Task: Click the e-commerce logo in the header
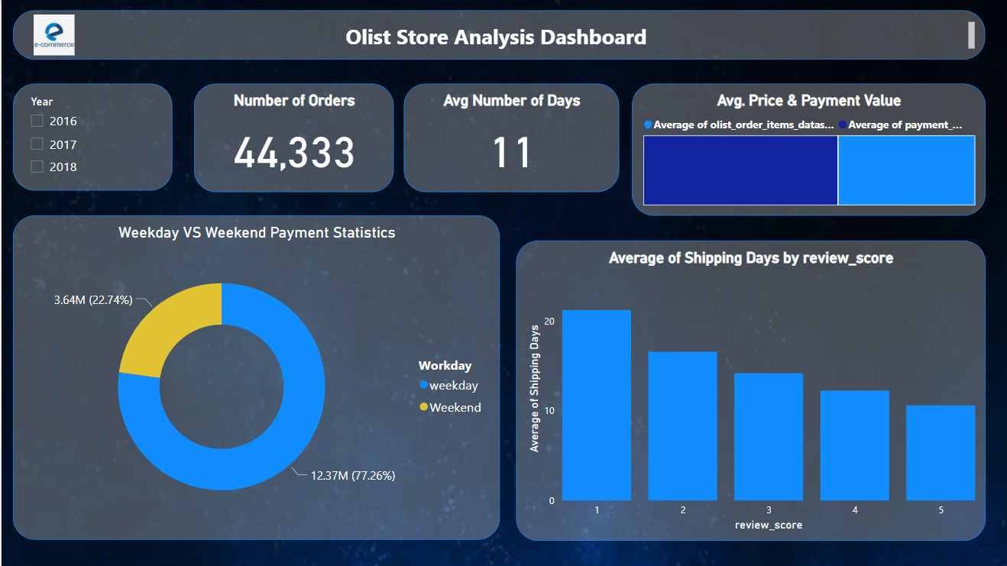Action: [54, 35]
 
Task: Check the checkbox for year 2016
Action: [37, 121]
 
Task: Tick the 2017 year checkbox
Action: [37, 144]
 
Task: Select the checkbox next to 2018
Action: [37, 167]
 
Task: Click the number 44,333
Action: [293, 153]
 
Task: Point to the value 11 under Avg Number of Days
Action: [510, 153]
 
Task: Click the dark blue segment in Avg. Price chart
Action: [740, 170]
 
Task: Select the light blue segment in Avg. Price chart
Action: [906, 170]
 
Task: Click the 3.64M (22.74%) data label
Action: [93, 300]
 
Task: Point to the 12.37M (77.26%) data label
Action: [352, 475]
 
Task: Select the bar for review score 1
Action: [597, 405]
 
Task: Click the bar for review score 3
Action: [769, 436]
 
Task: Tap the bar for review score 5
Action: [941, 452]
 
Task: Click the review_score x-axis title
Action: [768, 525]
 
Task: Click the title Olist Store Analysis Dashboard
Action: [496, 37]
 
